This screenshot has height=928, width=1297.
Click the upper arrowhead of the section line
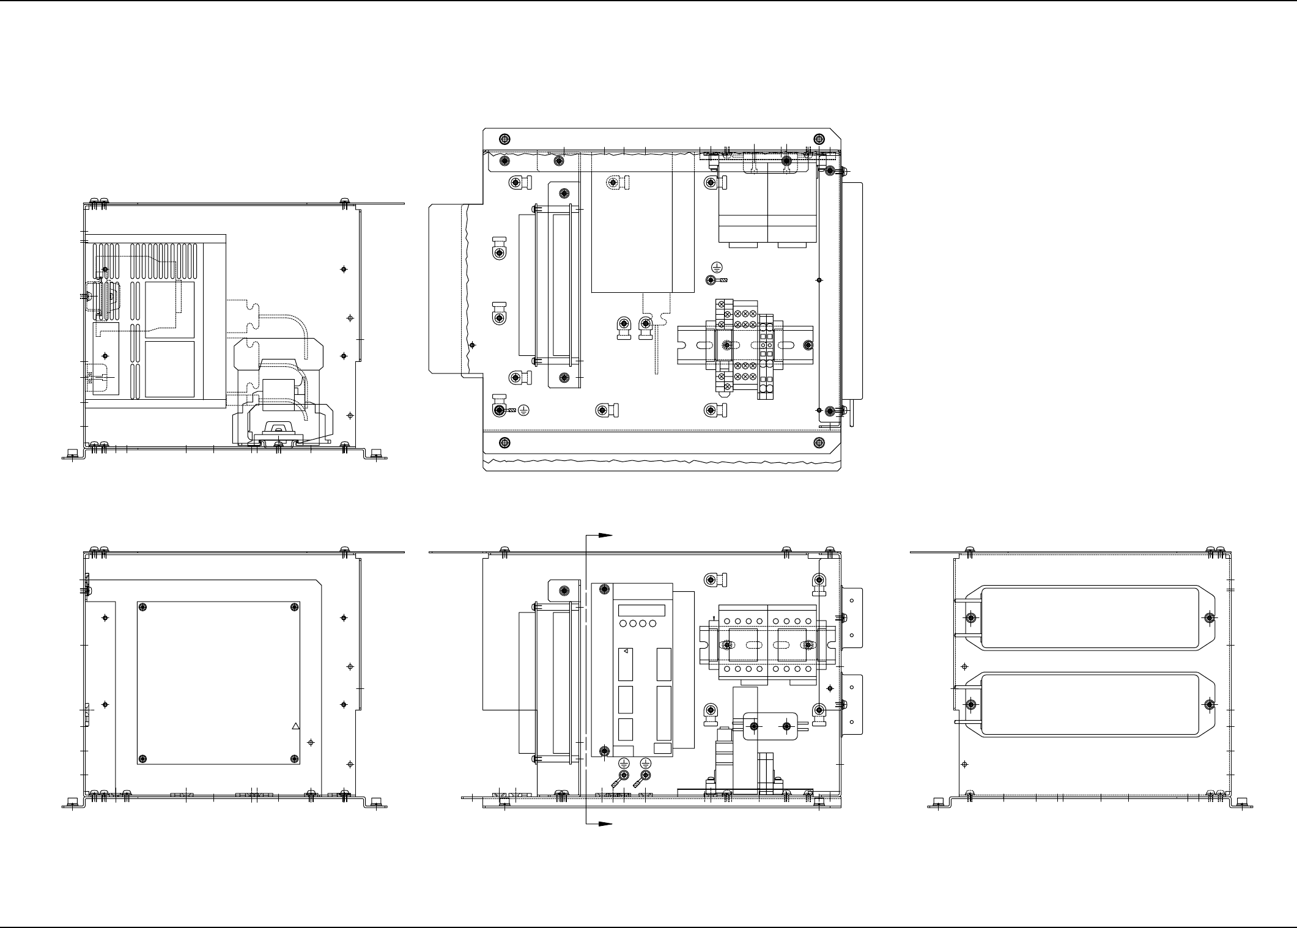[606, 534]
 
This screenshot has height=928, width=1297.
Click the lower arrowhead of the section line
[606, 824]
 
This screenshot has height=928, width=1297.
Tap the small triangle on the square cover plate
[295, 726]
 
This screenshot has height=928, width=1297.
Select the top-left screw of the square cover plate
[142, 606]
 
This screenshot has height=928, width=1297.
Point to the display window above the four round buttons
[641, 611]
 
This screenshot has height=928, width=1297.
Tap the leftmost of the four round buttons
[623, 624]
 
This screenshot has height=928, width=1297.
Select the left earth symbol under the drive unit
[624, 762]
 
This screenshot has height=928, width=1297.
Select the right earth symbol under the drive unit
[645, 762]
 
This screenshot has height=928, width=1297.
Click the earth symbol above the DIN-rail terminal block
[718, 267]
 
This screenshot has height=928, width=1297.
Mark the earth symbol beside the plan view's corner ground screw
[523, 410]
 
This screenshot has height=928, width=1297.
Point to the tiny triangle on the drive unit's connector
[626, 652]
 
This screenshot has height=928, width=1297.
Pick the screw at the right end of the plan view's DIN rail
[808, 345]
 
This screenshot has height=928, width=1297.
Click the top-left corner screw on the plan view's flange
[504, 138]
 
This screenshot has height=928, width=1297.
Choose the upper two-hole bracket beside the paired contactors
[852, 617]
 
